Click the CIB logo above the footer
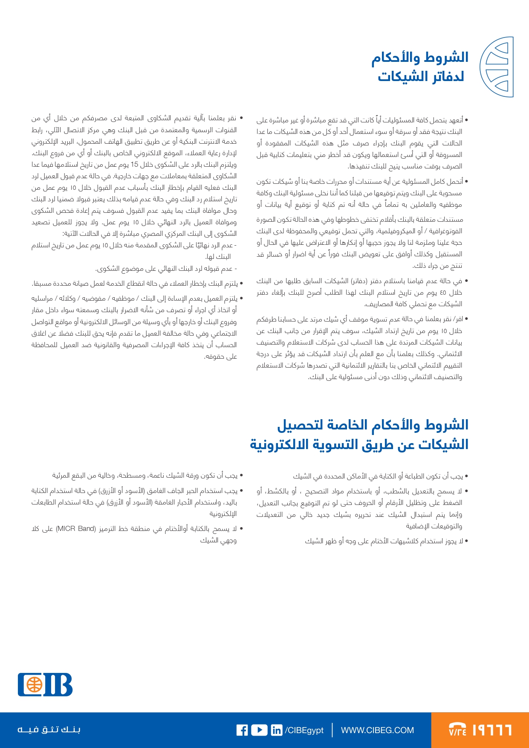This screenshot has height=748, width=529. click(x=45, y=684)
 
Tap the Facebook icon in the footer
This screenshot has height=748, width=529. click(x=242, y=730)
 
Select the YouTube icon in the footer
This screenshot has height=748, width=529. click(x=259, y=730)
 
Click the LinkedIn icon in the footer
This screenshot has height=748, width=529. click(x=277, y=730)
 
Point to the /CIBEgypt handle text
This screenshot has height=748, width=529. click(x=304, y=730)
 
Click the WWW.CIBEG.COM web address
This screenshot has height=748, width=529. click(x=377, y=730)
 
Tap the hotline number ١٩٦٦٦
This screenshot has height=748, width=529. click(x=492, y=730)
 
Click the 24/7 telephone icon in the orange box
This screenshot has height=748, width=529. click(x=458, y=730)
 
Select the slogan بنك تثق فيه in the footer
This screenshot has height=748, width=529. click(x=49, y=730)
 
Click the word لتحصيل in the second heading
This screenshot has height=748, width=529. click(x=298, y=425)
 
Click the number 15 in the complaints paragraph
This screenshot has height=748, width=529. click(x=134, y=165)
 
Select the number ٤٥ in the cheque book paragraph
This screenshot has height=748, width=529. click(x=443, y=293)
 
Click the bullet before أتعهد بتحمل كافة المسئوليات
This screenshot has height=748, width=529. click(x=466, y=120)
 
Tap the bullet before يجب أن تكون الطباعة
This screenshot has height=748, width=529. click(x=466, y=476)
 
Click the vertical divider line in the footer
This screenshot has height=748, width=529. click(x=332, y=730)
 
